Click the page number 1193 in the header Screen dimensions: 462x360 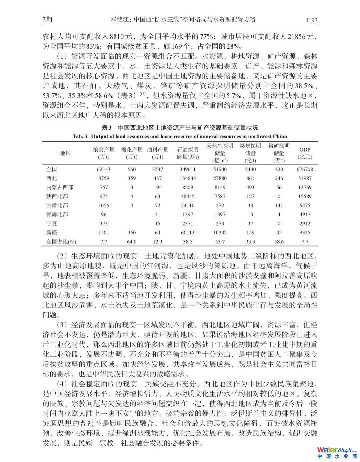[311, 20]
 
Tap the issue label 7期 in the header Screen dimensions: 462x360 [48, 20]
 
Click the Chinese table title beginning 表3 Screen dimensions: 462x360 [180, 128]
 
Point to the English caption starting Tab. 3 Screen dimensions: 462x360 [180, 136]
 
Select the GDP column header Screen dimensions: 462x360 [305, 153]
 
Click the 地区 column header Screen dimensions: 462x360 [65, 153]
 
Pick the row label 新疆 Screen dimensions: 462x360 [52, 232]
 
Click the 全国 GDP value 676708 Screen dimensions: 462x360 [305, 169]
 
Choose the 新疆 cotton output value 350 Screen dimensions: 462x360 [132, 232]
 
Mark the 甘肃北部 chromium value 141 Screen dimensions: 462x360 [279, 206]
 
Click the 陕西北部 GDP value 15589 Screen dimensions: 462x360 [305, 197]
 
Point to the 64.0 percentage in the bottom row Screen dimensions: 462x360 [132, 241]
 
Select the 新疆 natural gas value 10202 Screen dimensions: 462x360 [220, 232]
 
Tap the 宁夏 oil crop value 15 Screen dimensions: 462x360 [157, 224]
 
